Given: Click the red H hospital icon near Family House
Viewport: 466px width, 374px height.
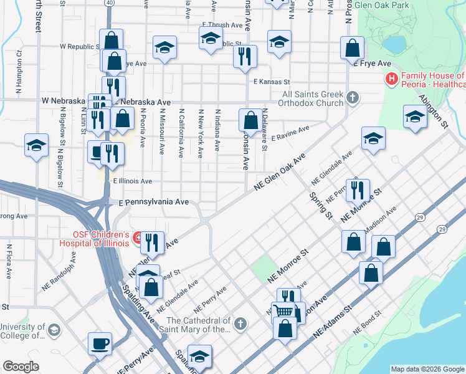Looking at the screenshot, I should [391, 79].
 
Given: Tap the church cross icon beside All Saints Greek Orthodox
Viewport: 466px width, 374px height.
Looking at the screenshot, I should [353, 97].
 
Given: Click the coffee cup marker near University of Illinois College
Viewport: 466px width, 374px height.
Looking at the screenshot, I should [100, 344].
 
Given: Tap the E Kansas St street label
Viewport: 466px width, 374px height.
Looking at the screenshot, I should [272, 82].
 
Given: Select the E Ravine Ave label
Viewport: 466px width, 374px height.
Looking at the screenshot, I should [290, 132].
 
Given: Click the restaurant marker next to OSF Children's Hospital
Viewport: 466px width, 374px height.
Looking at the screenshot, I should [152, 242].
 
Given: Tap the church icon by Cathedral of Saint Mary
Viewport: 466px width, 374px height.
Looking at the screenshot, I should [241, 323].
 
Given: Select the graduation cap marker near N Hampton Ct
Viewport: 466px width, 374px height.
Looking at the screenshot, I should [37, 146].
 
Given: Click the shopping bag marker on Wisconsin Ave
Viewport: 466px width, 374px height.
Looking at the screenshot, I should [250, 120].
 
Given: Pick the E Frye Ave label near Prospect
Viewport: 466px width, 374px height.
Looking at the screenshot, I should [372, 64].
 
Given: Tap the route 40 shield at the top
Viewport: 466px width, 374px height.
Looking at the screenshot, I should [109, 3].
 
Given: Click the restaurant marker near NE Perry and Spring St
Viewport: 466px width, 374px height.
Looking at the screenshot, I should [358, 190].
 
